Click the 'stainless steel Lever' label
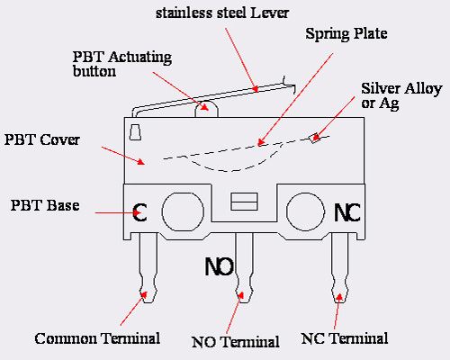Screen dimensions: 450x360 pyautogui.click(x=222, y=13)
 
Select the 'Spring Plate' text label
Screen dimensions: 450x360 pyautogui.click(x=346, y=33)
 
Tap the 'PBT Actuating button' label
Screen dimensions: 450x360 pyautogui.click(x=122, y=64)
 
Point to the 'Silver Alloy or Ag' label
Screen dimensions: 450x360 pyautogui.click(x=401, y=96)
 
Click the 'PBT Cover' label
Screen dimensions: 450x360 pyautogui.click(x=42, y=139)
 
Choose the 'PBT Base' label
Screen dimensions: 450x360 pyautogui.click(x=45, y=205)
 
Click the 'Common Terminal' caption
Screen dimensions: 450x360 pyautogui.click(x=97, y=338)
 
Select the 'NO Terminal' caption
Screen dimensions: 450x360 pyautogui.click(x=236, y=342)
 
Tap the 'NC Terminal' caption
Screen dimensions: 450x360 pyautogui.click(x=345, y=338)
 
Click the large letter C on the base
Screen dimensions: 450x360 pyautogui.click(x=139, y=212)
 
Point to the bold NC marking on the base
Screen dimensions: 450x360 pyautogui.click(x=347, y=212)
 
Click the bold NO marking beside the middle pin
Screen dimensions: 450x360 pyautogui.click(x=219, y=266)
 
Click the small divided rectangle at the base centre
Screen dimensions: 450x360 pyautogui.click(x=244, y=202)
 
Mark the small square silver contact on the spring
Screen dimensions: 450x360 pyautogui.click(x=314, y=138)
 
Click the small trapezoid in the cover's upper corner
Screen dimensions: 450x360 pyautogui.click(x=135, y=132)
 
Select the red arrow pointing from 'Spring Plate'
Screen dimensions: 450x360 pyautogui.click(x=295, y=99)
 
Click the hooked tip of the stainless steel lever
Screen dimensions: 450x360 pyautogui.click(x=294, y=90)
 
